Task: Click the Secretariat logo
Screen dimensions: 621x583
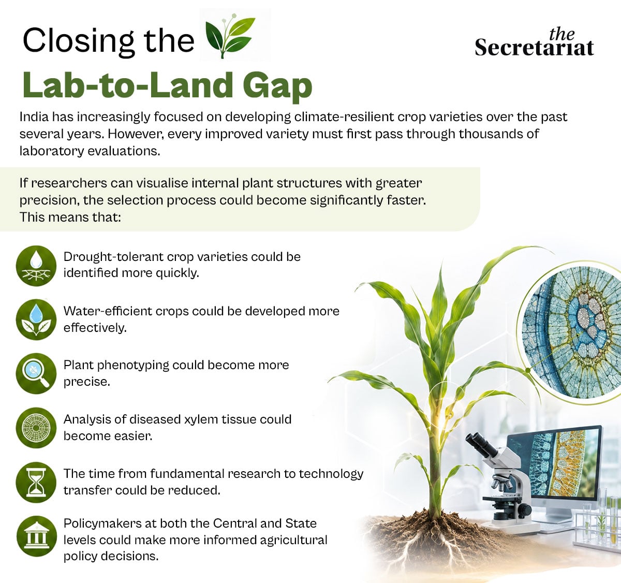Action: (x=535, y=43)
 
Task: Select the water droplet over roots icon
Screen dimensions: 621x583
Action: (x=36, y=266)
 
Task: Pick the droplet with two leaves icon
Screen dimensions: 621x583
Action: (x=36, y=319)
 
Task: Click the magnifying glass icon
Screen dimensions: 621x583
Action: (x=36, y=373)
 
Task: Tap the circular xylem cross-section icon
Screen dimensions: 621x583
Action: (x=36, y=428)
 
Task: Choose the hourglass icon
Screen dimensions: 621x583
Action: (x=36, y=482)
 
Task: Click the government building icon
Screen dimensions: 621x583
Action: (x=36, y=536)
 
